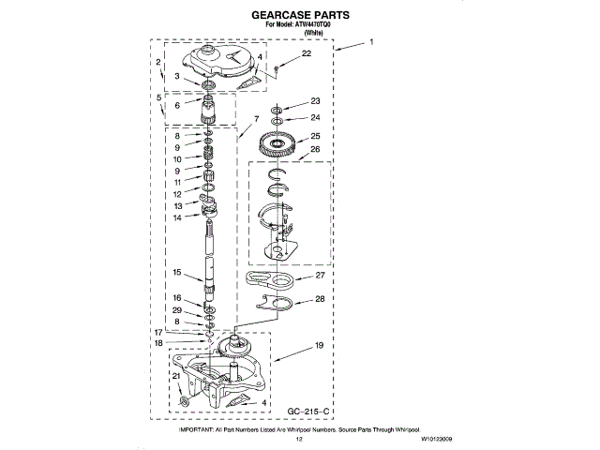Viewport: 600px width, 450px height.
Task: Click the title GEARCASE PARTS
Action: [x=300, y=16]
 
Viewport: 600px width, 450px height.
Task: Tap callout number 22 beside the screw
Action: [x=307, y=56]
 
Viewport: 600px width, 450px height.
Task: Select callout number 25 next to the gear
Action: [x=315, y=137]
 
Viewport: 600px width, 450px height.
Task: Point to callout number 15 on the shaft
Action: [x=175, y=272]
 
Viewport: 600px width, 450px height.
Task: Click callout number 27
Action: [x=319, y=276]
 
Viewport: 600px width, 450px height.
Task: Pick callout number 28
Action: [x=319, y=300]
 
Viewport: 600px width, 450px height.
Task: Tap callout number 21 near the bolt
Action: [x=174, y=377]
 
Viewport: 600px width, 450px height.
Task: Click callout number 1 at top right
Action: [x=372, y=42]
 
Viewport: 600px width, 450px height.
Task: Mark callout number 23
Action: [x=315, y=101]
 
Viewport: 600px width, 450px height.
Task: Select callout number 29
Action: [x=175, y=310]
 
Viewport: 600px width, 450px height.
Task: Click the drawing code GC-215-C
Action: [x=308, y=412]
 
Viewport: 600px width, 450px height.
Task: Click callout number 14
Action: [x=175, y=217]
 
